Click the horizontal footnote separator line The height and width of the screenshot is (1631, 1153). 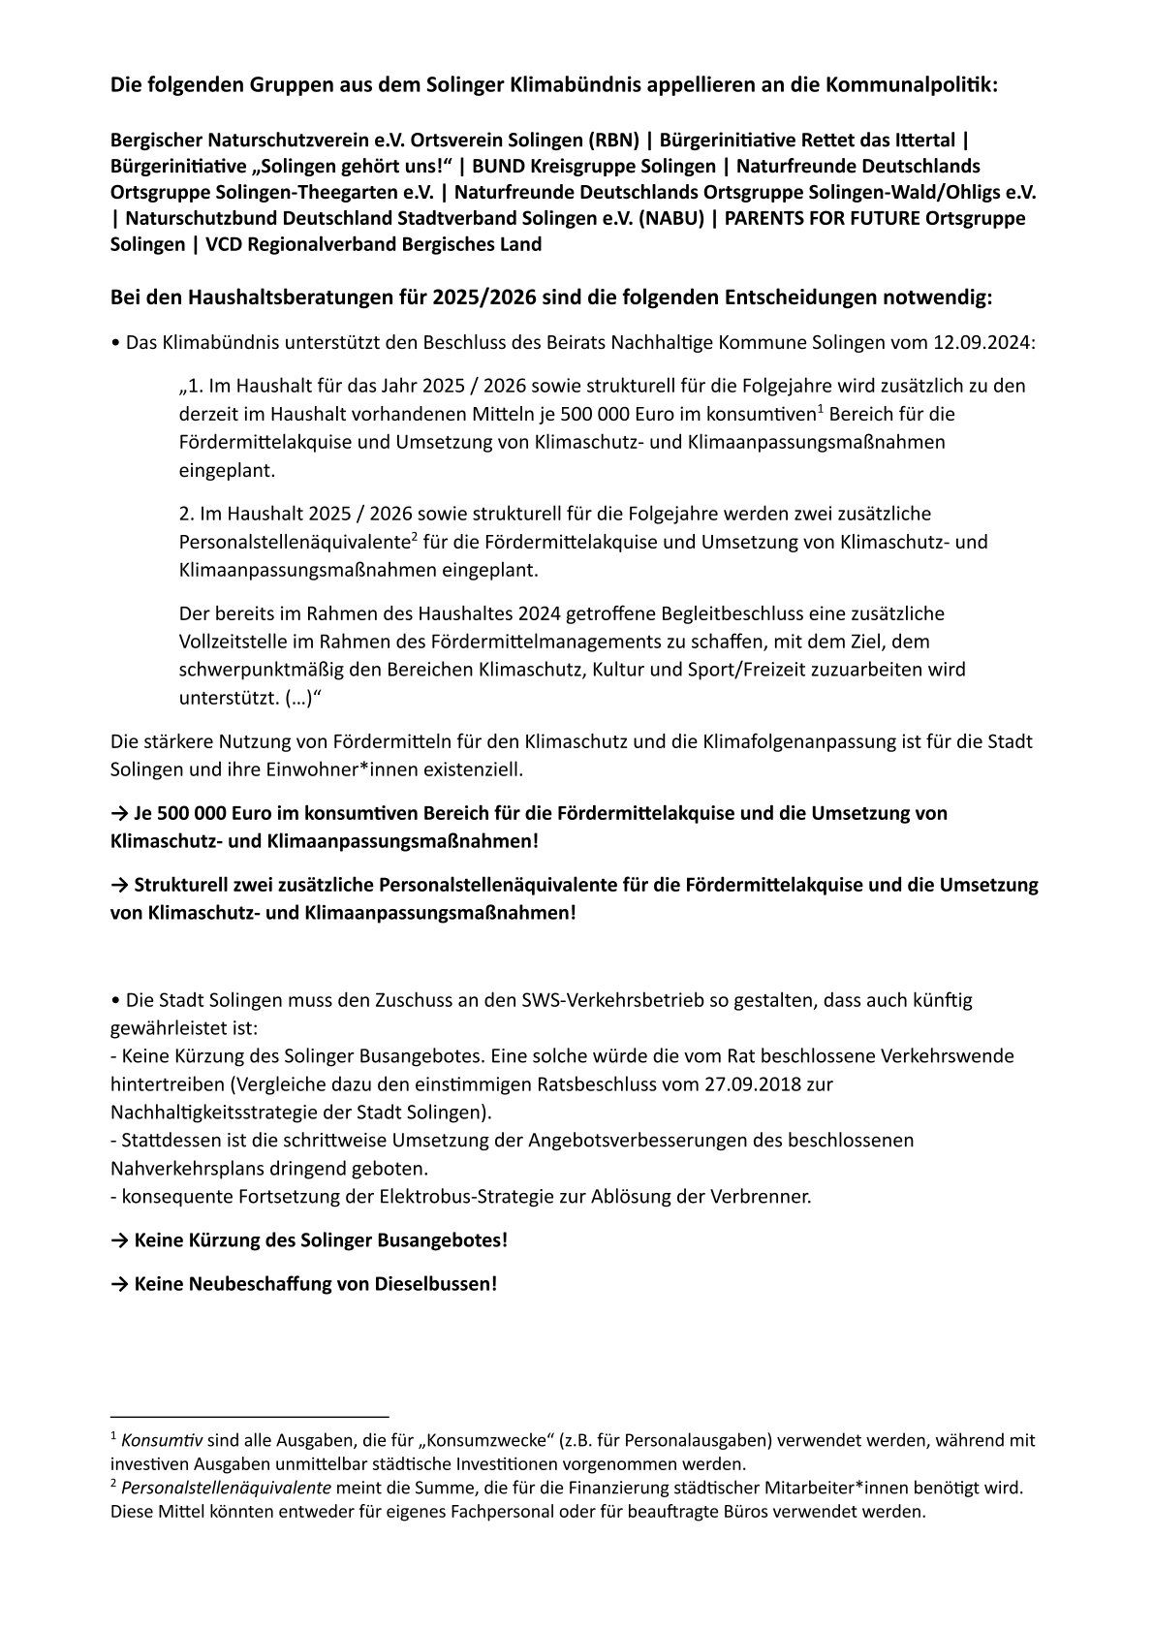pyautogui.click(x=249, y=1416)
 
